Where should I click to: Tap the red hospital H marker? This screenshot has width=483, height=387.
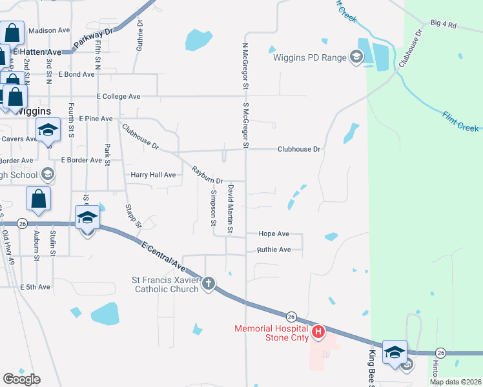point(318,333)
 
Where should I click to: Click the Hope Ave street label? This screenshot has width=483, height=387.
point(274,234)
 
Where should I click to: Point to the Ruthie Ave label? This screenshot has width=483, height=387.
point(274,250)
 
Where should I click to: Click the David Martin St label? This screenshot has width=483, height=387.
point(229,208)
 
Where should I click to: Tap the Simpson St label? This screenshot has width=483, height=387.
point(213,208)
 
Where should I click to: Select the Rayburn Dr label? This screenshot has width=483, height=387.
point(207,175)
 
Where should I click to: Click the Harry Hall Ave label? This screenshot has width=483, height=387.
point(153,175)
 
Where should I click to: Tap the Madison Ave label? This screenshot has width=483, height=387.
point(49,30)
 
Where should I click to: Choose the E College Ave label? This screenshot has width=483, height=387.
point(118,96)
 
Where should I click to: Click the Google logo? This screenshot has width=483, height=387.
point(21,379)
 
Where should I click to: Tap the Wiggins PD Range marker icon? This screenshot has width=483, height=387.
point(356,57)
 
